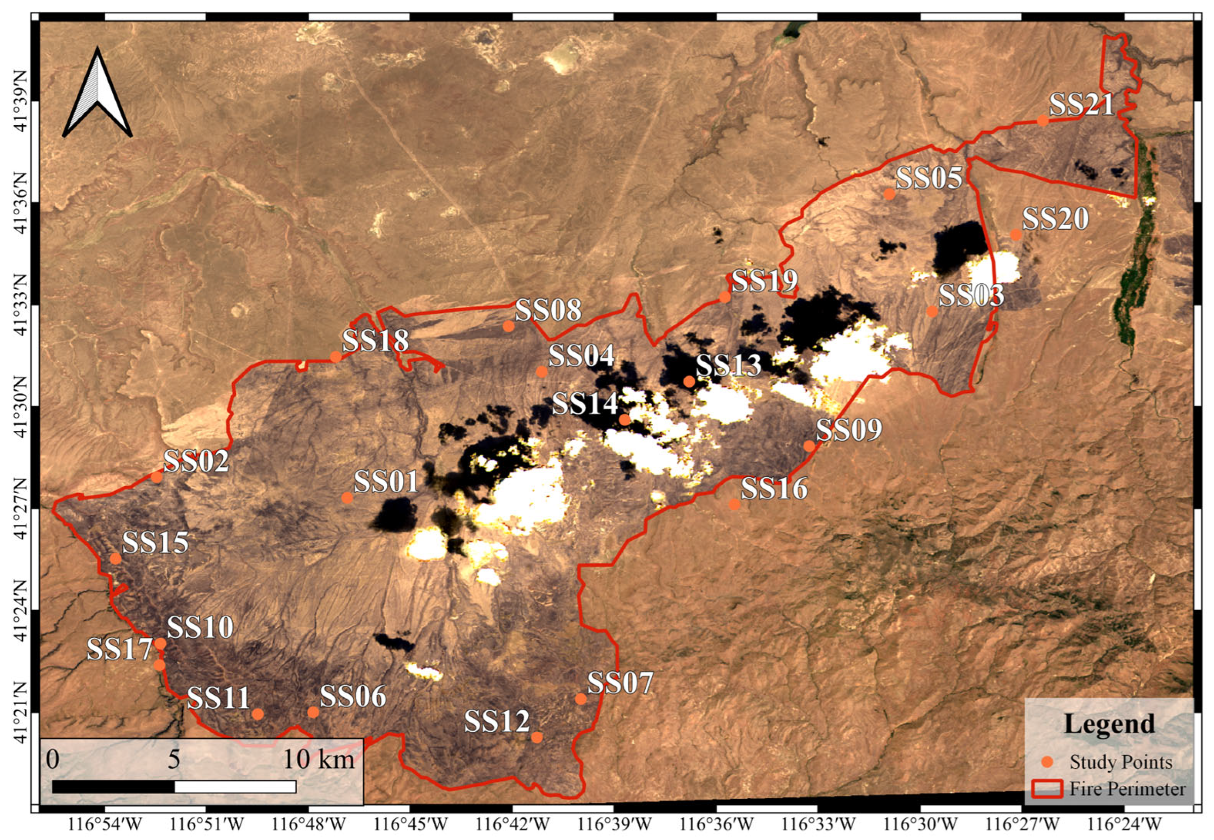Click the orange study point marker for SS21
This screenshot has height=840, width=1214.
coord(1043,120)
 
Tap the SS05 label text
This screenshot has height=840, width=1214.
coord(929,178)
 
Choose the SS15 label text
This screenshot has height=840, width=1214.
coord(155,543)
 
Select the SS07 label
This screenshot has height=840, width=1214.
coord(620,683)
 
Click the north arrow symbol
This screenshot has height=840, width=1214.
coord(97,95)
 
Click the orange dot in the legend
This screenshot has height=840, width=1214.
coord(1048,761)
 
